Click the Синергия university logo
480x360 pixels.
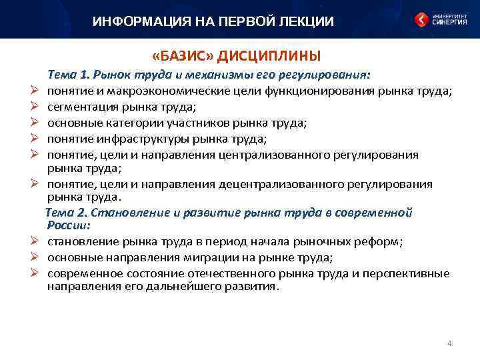pos(441,19)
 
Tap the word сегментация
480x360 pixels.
pos(80,106)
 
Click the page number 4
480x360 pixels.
pos(449,343)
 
